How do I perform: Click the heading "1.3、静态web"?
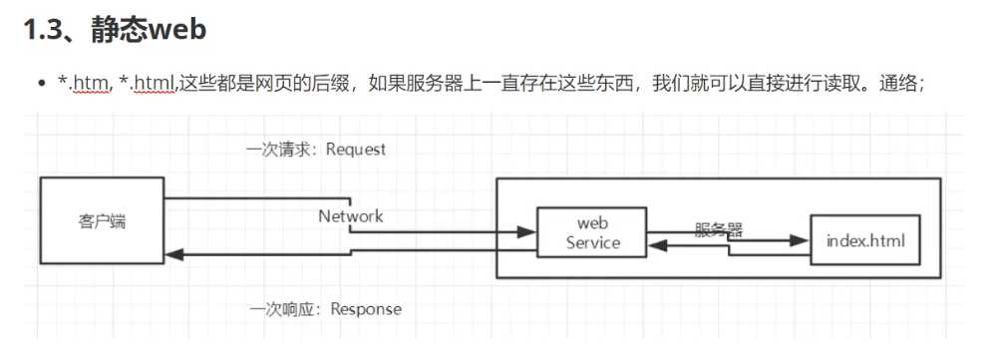point(115,30)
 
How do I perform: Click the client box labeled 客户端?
point(103,221)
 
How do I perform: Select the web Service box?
point(592,231)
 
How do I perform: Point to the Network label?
point(350,215)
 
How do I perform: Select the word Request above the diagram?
point(355,150)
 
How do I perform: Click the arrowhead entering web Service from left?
point(528,232)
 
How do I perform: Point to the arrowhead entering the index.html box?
point(803,240)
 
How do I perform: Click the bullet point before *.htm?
point(42,86)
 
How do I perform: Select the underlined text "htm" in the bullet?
point(88,86)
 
